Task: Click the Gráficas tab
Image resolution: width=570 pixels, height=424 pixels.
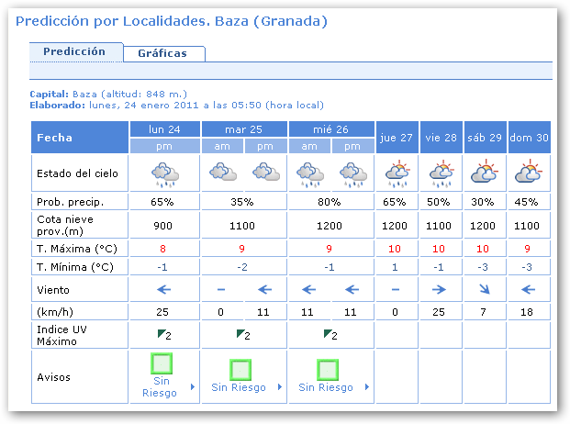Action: click(162, 53)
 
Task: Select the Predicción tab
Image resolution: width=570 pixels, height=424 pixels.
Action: click(74, 51)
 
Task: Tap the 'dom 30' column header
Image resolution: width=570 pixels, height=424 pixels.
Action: click(530, 137)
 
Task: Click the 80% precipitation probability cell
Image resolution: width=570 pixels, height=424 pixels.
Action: click(331, 201)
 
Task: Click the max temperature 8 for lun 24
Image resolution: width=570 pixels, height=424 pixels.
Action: click(163, 249)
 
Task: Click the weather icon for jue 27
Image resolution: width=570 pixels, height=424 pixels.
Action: click(397, 172)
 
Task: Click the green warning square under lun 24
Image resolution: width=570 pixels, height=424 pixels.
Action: click(162, 365)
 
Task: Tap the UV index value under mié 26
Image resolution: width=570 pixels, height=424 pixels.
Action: click(332, 335)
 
